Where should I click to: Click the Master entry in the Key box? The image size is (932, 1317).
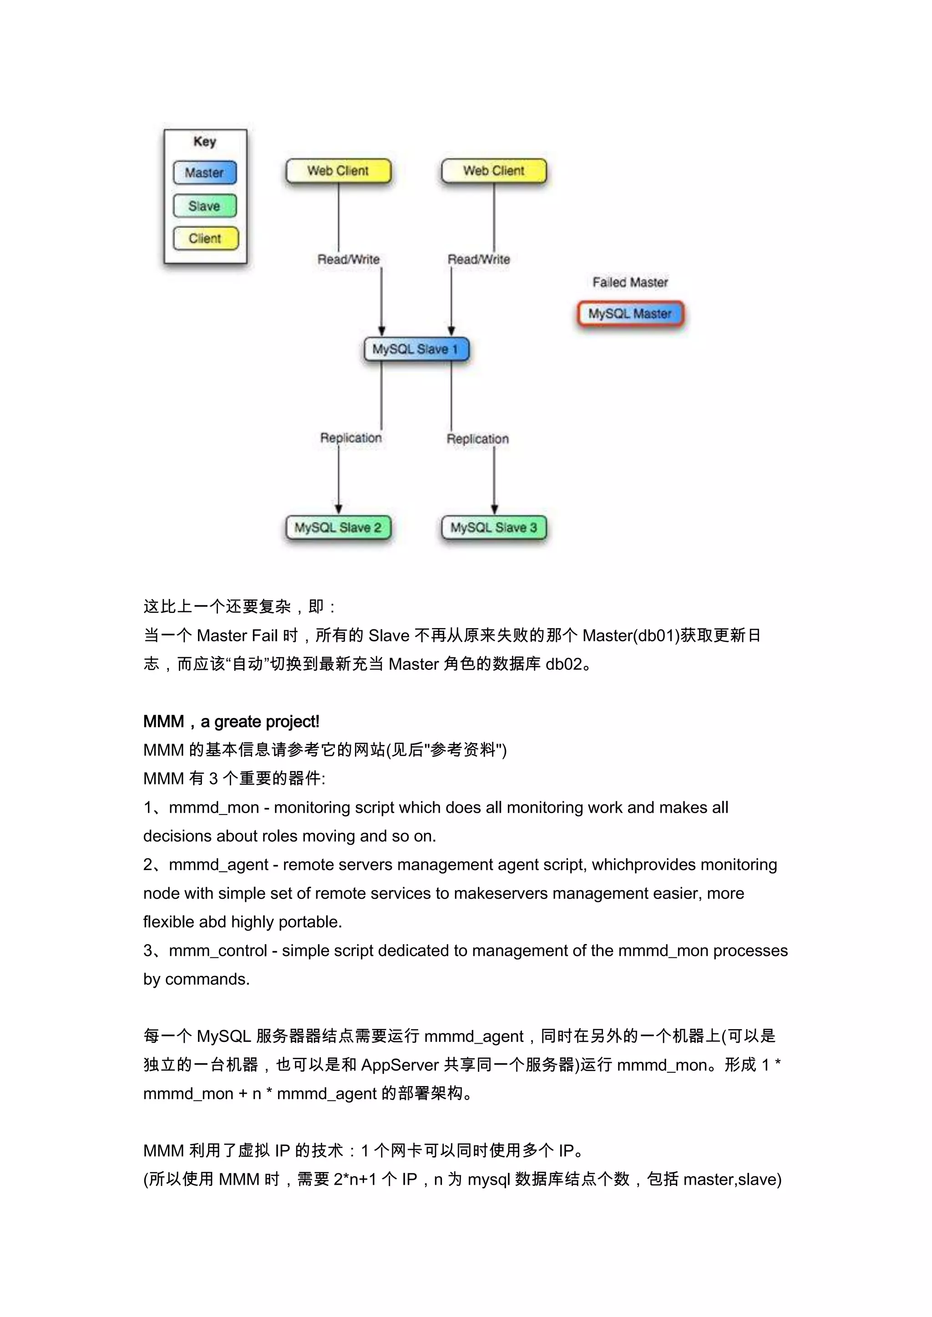coord(204,173)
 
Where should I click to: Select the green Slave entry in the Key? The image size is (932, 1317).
coord(204,206)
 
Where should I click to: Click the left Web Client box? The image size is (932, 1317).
coord(338,171)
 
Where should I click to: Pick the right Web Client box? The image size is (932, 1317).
coord(494,171)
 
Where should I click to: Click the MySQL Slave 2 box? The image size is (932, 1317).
coord(338,528)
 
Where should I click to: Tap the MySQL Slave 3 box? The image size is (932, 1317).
coord(494,528)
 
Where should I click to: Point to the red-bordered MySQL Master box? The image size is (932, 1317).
coord(630,314)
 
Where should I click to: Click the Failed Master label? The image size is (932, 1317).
coord(630,282)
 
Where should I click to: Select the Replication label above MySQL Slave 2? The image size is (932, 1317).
coord(351,437)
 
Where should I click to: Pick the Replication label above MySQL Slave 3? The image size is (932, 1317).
coord(477,439)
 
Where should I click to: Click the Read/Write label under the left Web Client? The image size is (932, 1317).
coord(348,259)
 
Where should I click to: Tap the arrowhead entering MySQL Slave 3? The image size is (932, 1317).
coord(494,509)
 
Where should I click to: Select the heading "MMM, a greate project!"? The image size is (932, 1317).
coord(231,722)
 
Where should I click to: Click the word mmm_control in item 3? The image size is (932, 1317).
coord(218,950)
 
